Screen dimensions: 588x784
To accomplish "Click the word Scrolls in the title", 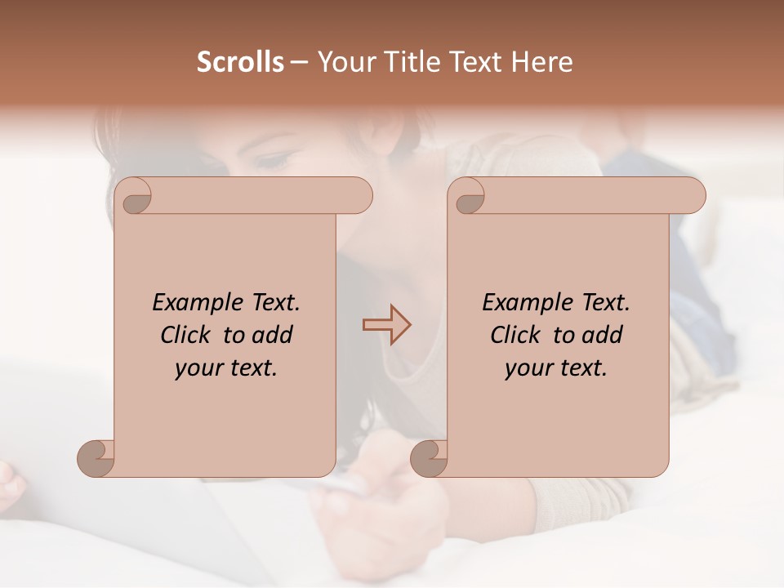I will [240, 62].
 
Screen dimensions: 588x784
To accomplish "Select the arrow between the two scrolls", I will [386, 325].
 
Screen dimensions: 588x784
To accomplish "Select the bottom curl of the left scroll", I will [96, 458].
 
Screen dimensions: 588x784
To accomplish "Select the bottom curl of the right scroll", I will [429, 458].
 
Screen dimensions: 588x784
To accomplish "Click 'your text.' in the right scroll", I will [556, 368].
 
